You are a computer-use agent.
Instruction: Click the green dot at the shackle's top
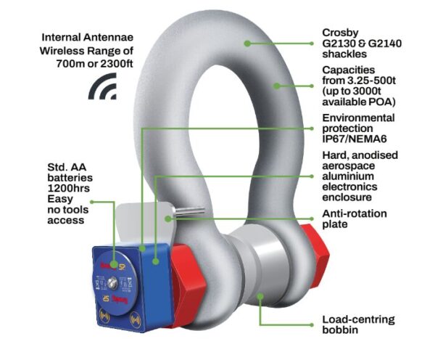247,44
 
